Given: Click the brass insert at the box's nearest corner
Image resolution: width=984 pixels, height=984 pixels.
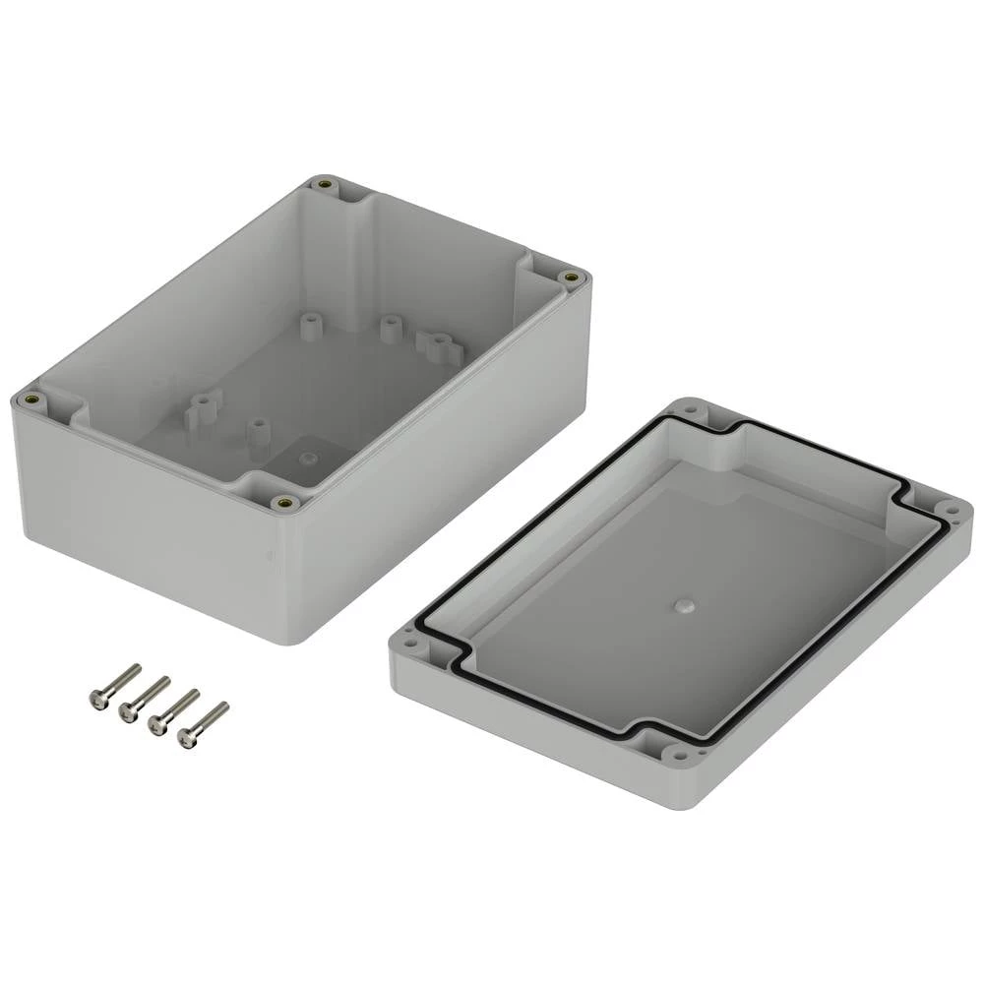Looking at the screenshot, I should coord(286,502).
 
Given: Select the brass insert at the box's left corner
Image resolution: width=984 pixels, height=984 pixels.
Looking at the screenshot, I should coord(31,399).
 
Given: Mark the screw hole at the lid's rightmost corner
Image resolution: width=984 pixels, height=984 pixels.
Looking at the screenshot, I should coord(951,509).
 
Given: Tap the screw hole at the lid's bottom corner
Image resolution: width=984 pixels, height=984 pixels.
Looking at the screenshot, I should coord(679,754).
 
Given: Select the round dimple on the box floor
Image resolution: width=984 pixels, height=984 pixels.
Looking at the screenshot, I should coord(308,458).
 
